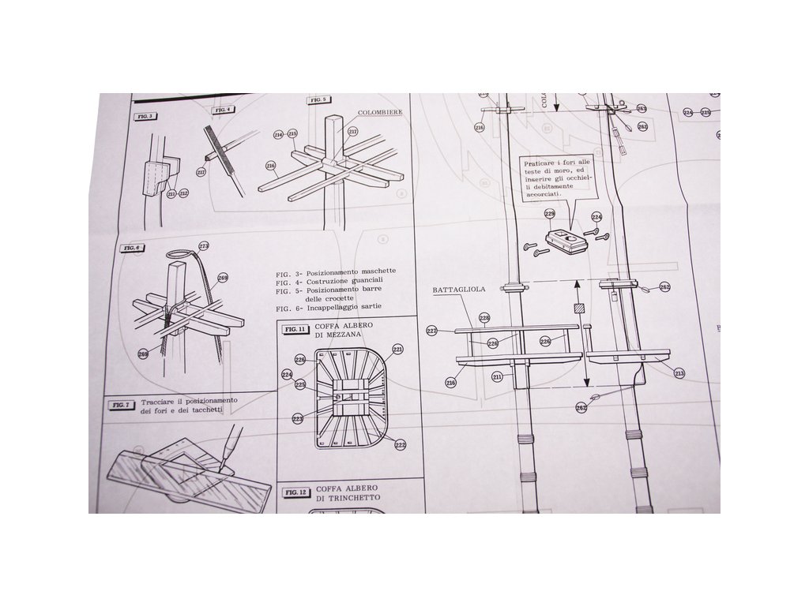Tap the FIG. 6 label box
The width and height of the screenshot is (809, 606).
132,248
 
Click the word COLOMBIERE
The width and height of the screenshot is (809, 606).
380,113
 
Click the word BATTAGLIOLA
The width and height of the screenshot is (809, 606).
458,290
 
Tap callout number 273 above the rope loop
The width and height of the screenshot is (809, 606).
203,245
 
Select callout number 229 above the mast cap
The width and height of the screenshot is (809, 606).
549,213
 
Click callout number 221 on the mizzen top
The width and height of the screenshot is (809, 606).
397,349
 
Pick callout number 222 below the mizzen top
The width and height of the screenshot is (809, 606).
401,445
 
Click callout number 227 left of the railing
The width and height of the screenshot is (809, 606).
432,331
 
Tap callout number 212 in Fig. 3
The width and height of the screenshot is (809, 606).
183,193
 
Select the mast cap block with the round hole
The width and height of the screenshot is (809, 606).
565,239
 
